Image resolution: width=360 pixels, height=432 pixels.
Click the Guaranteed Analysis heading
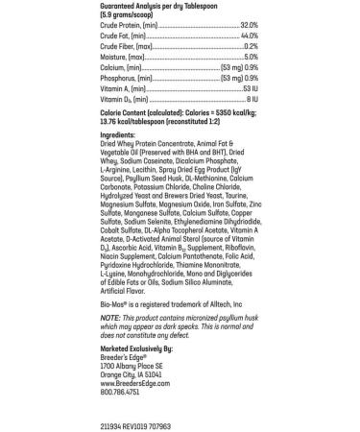tap(150, 4)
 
